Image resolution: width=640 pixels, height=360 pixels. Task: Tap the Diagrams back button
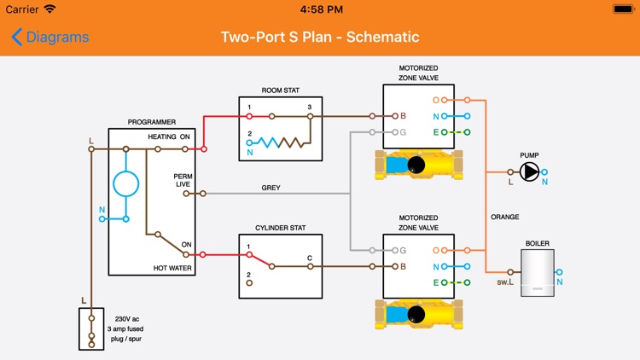coord(49,38)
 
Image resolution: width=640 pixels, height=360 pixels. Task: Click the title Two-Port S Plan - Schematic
coord(320,38)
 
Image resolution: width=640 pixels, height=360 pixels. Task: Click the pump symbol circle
coord(530,172)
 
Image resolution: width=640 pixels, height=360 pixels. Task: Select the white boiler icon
coord(538,273)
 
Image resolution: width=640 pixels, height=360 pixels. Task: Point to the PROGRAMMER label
coord(151,123)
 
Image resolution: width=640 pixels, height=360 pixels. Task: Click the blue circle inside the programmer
coord(126,183)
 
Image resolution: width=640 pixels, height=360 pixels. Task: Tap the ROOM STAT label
coord(281,90)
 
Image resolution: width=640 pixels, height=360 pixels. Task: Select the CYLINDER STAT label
coord(281,228)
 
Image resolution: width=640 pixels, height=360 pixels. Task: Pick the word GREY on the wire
coord(271,188)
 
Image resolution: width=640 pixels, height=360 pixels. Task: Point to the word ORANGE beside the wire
coord(505,217)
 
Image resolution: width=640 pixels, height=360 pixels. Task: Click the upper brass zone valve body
coord(418,164)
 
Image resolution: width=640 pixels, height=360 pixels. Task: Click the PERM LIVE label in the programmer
coord(183,180)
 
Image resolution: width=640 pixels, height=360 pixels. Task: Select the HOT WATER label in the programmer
coord(171,268)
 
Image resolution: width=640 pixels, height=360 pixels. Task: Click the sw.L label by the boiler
coord(505,282)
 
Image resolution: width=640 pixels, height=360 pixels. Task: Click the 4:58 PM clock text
coord(320,9)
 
